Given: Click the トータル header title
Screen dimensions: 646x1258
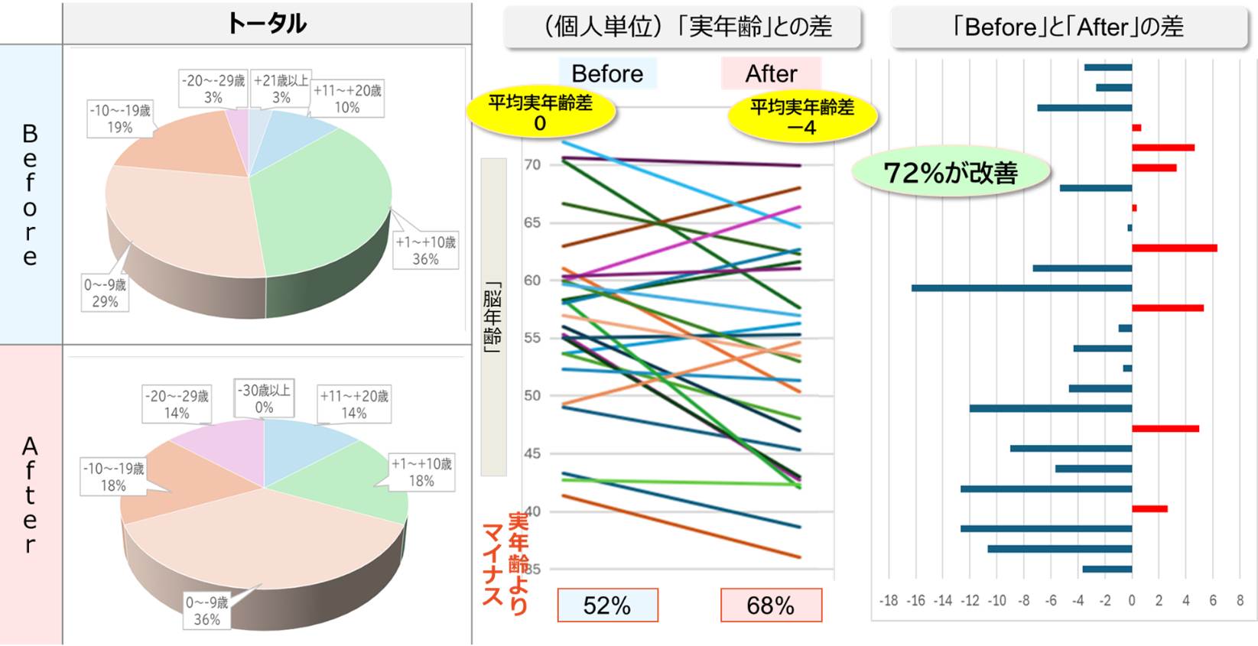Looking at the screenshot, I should [x=266, y=23].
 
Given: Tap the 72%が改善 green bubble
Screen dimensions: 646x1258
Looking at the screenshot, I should [x=950, y=173].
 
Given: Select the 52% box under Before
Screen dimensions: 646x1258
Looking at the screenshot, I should [x=607, y=605].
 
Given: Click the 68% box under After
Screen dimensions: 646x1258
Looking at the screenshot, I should [x=771, y=605].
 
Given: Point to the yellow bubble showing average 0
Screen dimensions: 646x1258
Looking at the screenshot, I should [x=540, y=112].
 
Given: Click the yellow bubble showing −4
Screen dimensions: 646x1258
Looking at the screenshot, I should [x=801, y=117].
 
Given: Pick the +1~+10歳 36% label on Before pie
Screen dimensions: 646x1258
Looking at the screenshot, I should [x=425, y=251].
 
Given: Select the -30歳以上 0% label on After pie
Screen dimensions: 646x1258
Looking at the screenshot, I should [x=264, y=398].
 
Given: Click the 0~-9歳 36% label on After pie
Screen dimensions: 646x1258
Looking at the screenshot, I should [x=206, y=611].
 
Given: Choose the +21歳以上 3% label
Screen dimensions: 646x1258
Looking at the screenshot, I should [x=281, y=89].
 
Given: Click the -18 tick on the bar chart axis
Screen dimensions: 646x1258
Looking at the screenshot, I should [x=889, y=601].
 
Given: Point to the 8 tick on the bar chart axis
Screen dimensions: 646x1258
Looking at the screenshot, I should [x=1240, y=601].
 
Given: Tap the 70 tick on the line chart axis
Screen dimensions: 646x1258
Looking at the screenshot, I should [x=532, y=164].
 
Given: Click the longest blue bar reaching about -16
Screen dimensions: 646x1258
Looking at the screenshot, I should [x=1021, y=288].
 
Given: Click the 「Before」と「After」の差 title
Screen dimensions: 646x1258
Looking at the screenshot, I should [x=1068, y=28].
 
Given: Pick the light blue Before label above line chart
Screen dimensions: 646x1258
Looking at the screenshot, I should [x=607, y=73].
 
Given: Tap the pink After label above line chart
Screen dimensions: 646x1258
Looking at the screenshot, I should [x=771, y=73].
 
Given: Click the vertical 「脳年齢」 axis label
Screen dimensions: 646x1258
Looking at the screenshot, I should [x=493, y=317].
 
